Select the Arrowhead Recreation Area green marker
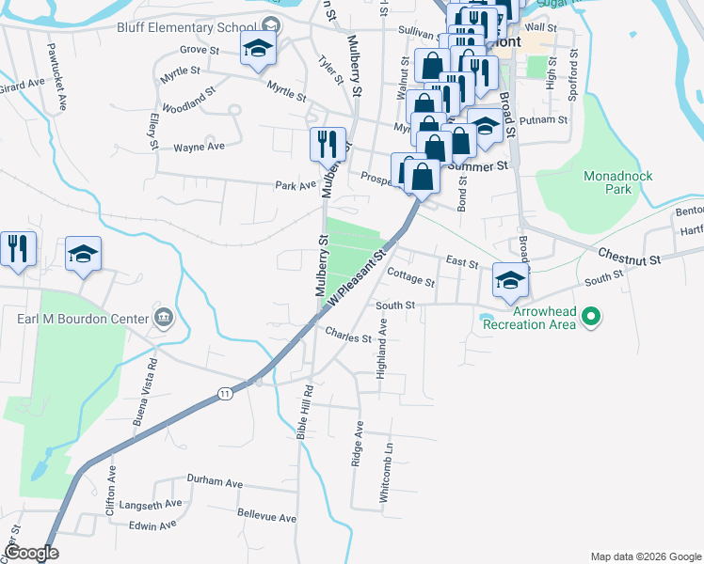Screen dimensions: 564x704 [x=592, y=318]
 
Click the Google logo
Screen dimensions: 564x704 [x=31, y=553]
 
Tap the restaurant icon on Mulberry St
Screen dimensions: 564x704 [x=328, y=144]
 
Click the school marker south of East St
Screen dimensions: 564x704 [x=510, y=280]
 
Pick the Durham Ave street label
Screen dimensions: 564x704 [x=215, y=481]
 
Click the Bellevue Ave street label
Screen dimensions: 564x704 [x=266, y=518]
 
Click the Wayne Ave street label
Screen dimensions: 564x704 [x=199, y=147]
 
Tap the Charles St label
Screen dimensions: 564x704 [x=349, y=335]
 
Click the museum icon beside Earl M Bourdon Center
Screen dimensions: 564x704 [x=164, y=318]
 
